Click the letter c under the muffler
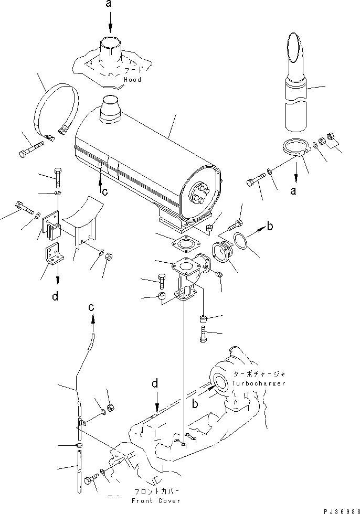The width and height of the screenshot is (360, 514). point(105,192)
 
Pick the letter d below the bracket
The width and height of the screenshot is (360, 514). point(55,297)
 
